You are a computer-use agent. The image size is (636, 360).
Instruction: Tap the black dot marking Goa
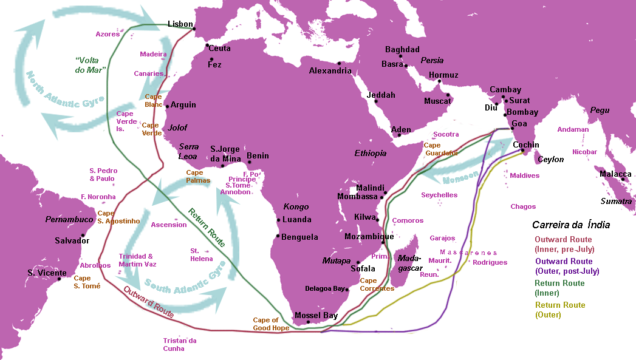click(512, 129)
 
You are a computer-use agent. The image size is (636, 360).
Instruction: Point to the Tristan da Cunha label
click(179, 344)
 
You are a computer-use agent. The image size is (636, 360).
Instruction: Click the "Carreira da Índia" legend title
click(570, 225)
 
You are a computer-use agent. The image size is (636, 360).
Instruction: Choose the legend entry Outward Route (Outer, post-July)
click(566, 267)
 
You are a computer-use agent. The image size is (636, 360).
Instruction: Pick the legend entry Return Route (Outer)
click(559, 310)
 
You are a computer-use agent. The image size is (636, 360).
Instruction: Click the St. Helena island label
click(201, 254)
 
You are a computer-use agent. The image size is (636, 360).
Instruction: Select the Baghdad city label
click(402, 49)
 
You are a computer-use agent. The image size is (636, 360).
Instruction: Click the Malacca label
click(615, 174)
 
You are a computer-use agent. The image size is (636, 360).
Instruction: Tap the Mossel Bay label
click(316, 315)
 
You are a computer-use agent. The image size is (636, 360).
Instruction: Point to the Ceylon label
click(550, 160)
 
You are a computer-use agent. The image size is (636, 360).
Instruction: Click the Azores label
click(108, 34)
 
